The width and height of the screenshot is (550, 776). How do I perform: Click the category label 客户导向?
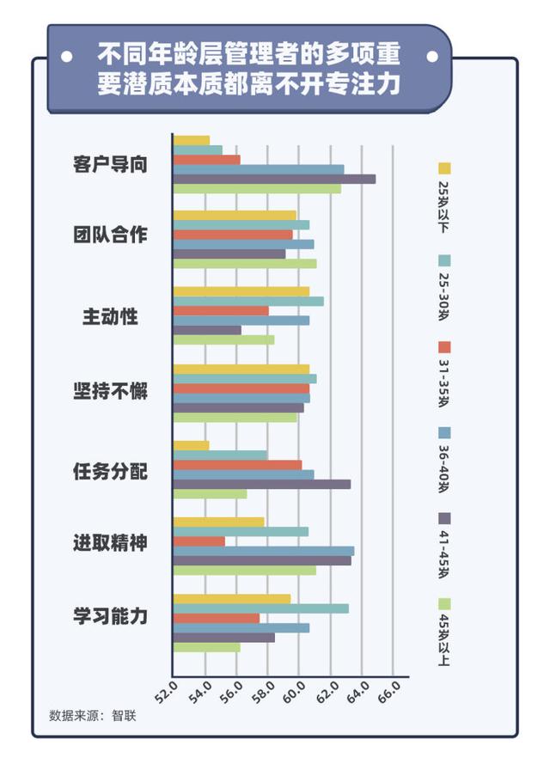[109, 164]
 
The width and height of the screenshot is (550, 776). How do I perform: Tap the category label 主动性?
[110, 315]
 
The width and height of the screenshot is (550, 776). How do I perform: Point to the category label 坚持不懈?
[109, 391]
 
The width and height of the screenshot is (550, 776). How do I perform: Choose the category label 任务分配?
[109, 471]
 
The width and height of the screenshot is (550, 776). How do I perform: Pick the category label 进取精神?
[109, 543]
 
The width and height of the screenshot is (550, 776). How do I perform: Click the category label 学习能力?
[109, 616]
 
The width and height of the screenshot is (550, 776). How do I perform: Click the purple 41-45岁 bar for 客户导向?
[274, 179]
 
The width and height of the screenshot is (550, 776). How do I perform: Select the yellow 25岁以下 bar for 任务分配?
[191, 445]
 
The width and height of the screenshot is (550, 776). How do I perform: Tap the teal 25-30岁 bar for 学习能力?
[260, 608]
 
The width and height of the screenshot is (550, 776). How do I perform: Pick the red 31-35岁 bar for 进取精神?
[199, 541]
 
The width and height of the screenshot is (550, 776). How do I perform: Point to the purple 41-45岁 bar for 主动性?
[207, 330]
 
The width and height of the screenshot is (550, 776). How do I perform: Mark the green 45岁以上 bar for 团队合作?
[245, 264]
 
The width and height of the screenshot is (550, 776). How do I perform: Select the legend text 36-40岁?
[444, 465]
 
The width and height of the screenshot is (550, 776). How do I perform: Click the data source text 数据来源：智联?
[93, 715]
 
